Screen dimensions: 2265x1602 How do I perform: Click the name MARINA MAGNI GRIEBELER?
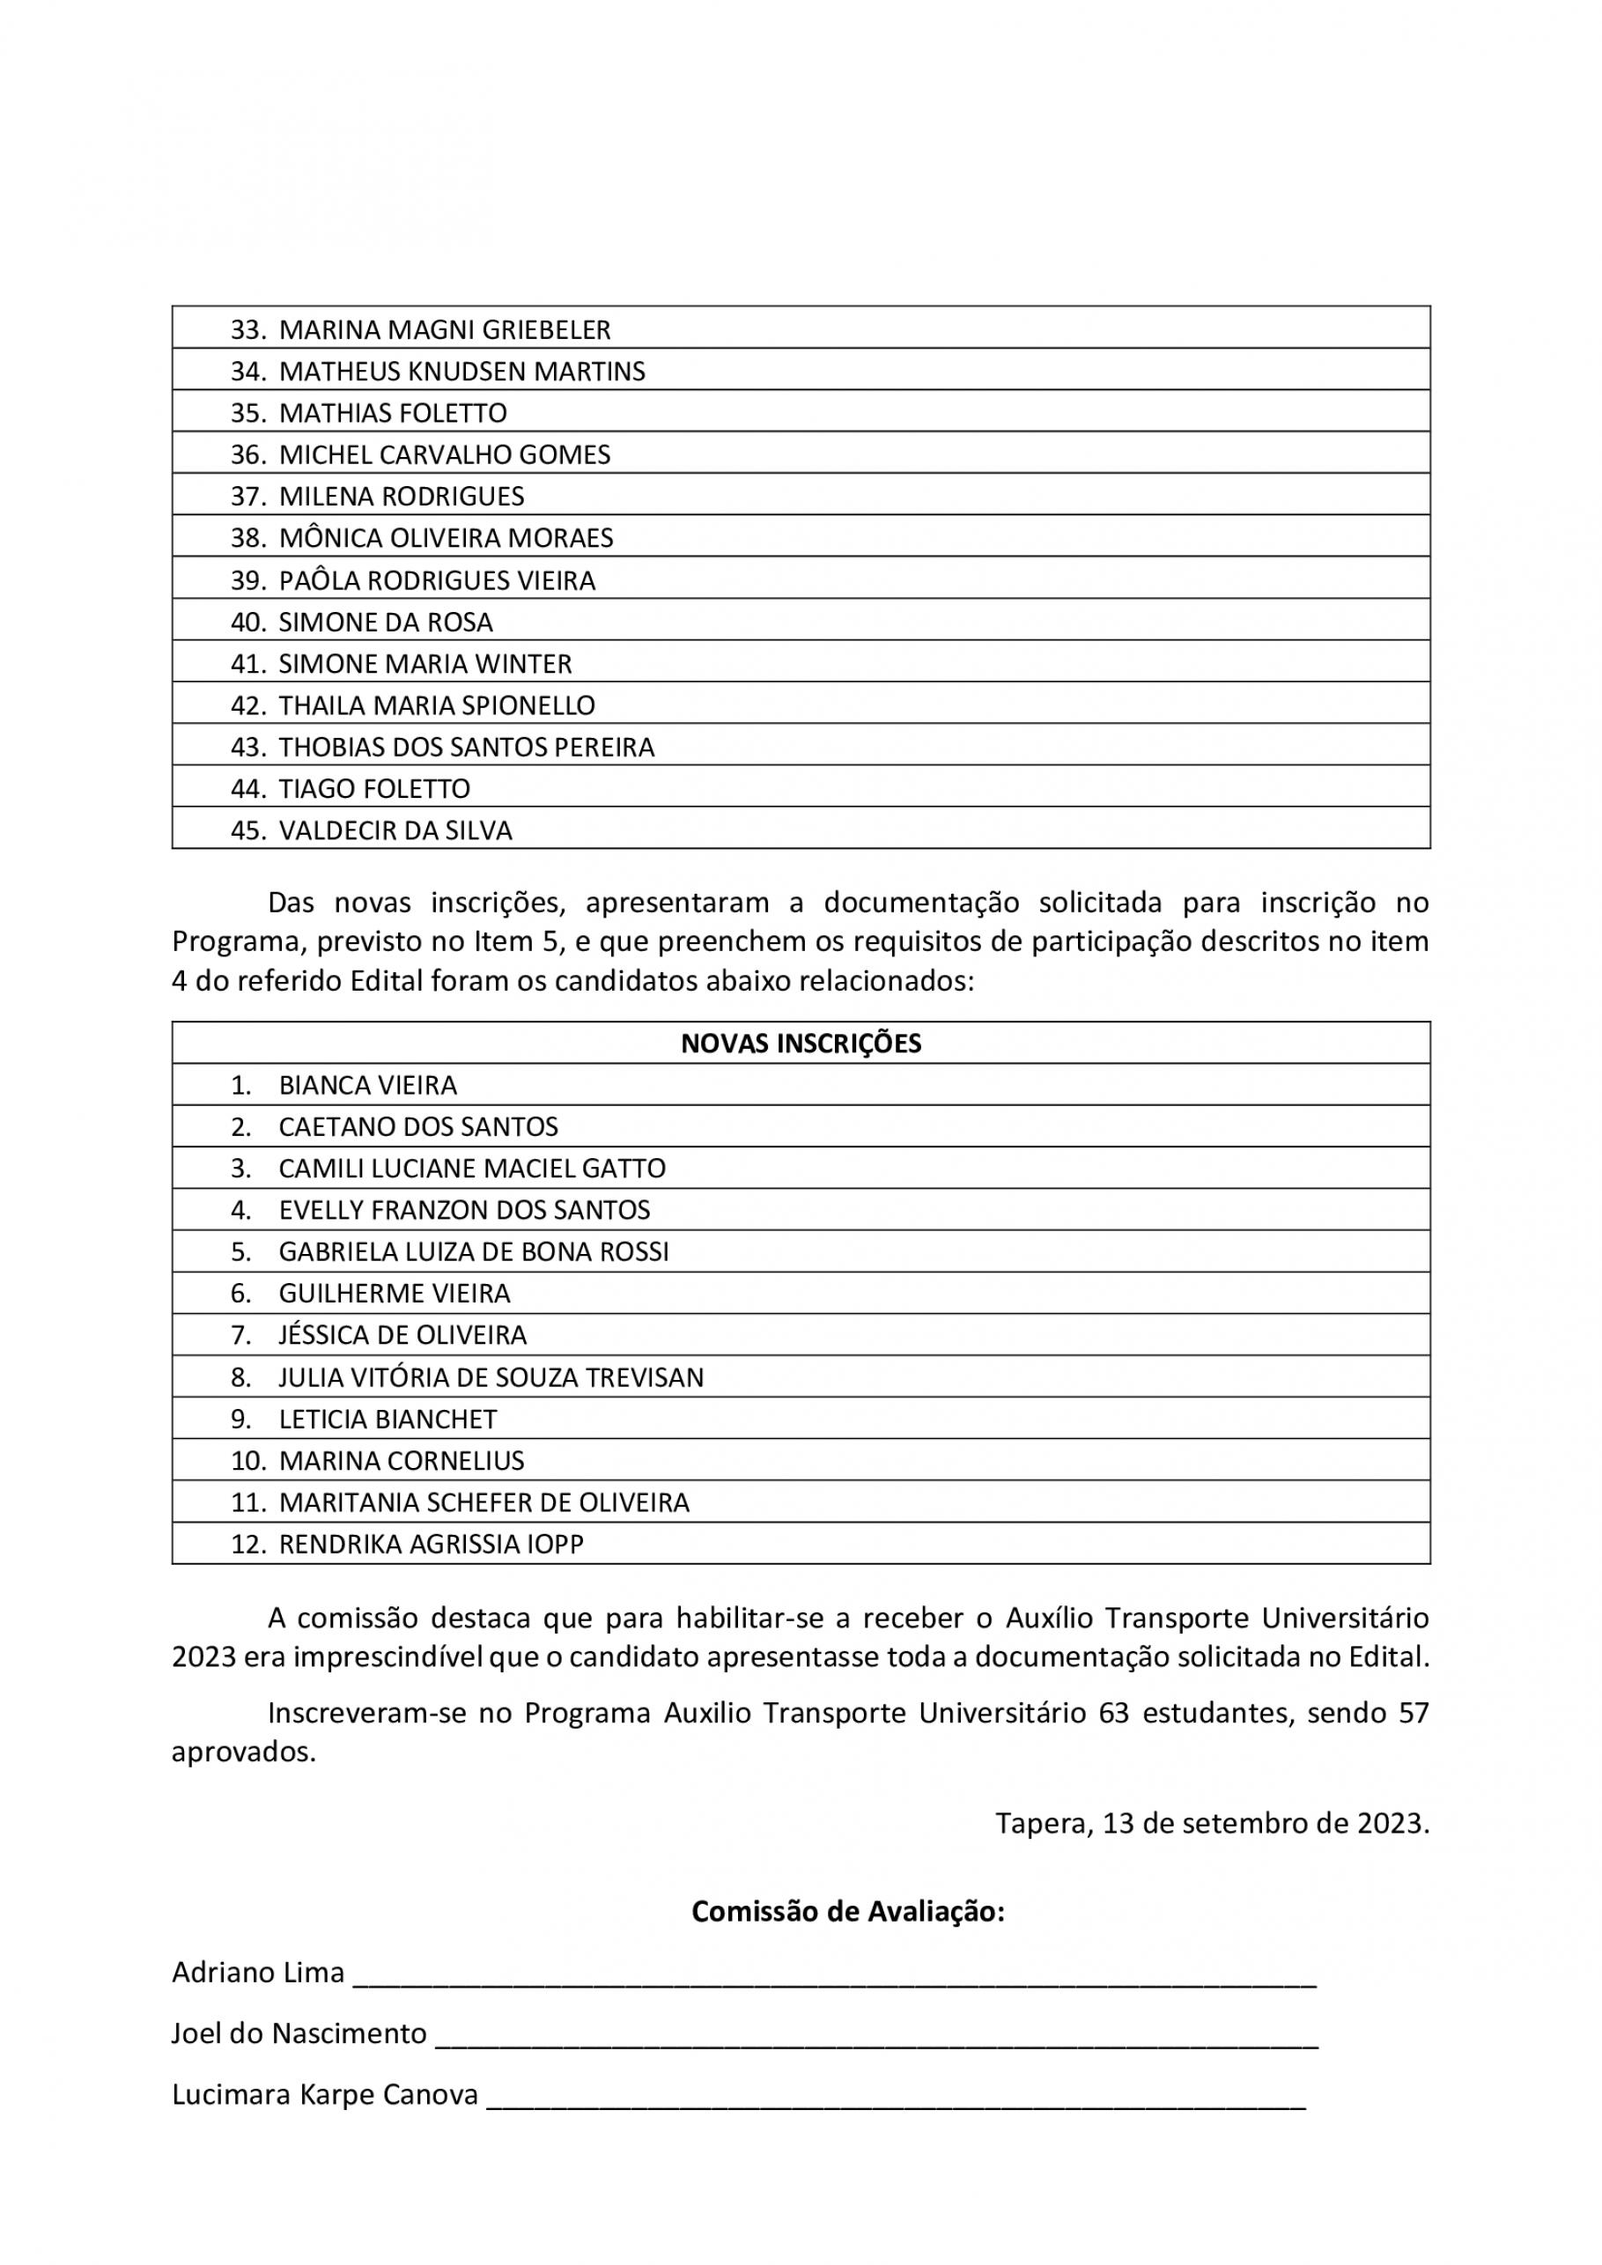pos(444,329)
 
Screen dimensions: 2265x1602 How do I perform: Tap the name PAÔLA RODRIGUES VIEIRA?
pos(437,580)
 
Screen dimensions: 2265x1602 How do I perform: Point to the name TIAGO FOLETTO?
pos(374,788)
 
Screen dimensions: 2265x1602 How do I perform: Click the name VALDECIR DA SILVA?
pos(395,830)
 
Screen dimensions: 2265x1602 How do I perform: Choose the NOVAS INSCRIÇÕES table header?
pos(801,1044)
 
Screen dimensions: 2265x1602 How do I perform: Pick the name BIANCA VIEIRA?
pos(368,1085)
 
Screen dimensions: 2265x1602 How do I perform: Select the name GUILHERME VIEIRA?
pos(395,1294)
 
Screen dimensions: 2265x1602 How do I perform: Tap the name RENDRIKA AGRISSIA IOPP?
pos(431,1544)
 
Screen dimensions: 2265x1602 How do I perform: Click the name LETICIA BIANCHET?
pos(388,1419)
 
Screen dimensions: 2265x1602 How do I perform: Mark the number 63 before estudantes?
pos(1112,1714)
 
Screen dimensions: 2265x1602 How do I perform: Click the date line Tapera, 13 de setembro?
pos(1211,1823)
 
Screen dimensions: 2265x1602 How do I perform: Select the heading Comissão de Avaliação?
pos(847,1912)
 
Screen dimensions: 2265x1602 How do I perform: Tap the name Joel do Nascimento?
pos(299,2034)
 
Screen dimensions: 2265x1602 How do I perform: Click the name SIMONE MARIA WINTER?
pos(425,664)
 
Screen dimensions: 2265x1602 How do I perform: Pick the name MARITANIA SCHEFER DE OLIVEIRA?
pos(484,1502)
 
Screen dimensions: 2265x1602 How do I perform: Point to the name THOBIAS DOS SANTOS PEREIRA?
pos(467,747)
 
